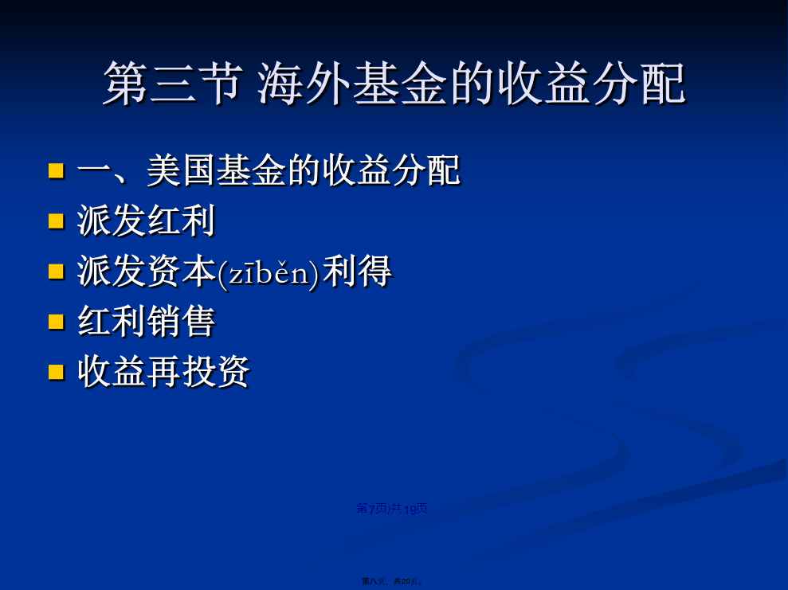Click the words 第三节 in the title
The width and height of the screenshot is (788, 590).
point(172,84)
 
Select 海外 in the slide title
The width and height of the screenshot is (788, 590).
point(304,84)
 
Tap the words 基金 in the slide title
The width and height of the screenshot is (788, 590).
point(399,84)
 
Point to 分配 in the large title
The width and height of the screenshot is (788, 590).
point(639,84)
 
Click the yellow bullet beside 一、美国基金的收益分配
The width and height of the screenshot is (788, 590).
point(57,170)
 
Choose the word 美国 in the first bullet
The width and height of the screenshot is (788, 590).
point(181,170)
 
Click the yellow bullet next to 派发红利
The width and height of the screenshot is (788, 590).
point(57,221)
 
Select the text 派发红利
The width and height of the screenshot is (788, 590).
point(147,221)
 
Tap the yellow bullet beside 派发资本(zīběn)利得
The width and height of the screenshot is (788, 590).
point(57,272)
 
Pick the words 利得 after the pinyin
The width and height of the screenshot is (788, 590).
point(357,272)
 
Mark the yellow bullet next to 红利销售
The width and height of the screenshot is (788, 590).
point(57,322)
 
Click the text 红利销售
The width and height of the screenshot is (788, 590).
point(147,322)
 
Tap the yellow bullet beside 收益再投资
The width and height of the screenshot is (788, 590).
point(57,372)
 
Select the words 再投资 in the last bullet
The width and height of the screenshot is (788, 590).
point(198,372)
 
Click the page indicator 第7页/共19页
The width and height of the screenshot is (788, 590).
point(392,509)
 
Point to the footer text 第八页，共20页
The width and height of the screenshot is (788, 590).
point(393,581)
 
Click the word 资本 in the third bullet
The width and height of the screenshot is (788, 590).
point(181,272)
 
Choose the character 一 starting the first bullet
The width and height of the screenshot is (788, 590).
point(94,170)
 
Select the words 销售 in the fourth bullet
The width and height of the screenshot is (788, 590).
point(181,322)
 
